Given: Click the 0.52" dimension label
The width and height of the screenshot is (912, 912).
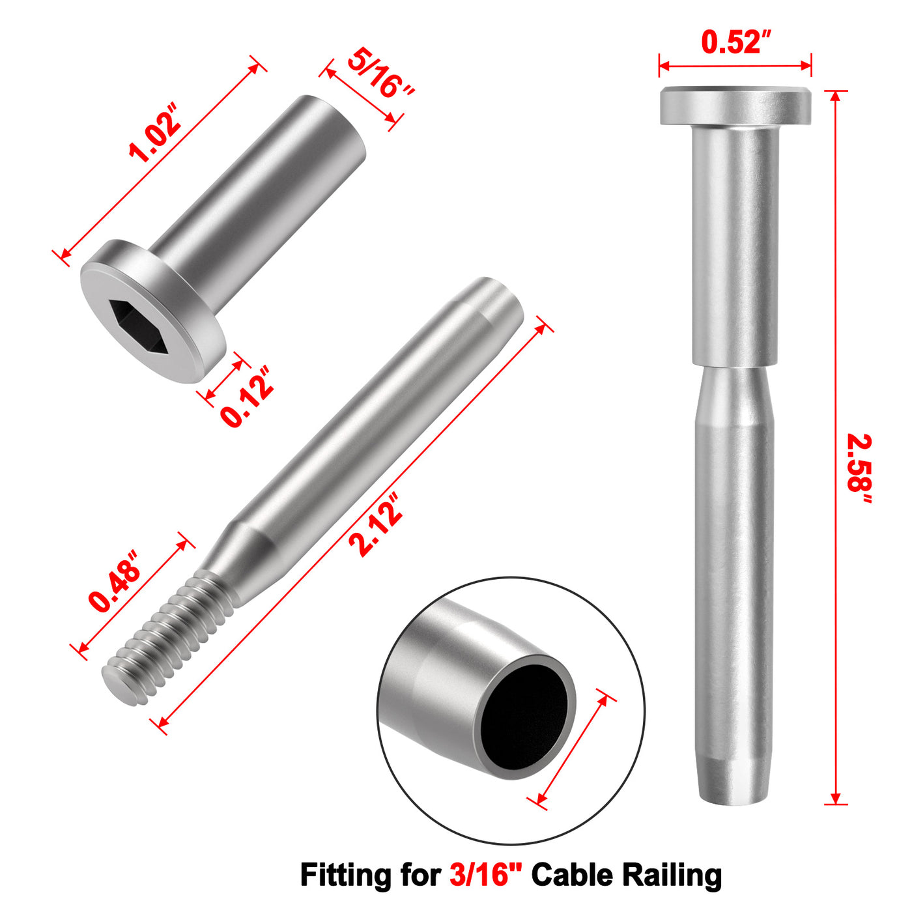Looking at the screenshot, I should (735, 43).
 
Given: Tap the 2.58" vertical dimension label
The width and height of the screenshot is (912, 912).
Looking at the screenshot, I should (859, 469).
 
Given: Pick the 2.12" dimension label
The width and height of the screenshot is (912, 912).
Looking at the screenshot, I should (376, 525).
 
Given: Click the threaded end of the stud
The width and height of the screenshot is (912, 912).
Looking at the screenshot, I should (166, 638).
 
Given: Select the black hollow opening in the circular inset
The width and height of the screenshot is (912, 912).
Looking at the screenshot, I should (524, 717).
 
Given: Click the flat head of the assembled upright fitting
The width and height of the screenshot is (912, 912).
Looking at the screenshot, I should (735, 106).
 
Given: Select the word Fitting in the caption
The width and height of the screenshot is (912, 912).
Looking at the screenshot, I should (345, 874).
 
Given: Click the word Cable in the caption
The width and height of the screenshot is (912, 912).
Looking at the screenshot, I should (571, 874).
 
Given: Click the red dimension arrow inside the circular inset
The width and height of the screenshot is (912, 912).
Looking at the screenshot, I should (573, 749).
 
